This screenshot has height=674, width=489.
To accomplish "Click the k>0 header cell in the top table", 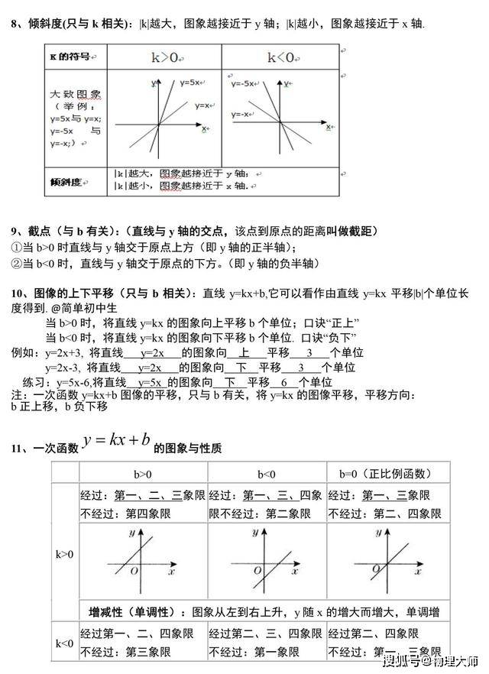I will click(x=164, y=57).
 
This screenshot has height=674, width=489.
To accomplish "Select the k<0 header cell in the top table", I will click(x=280, y=57).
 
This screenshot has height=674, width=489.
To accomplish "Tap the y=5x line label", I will click(x=190, y=82).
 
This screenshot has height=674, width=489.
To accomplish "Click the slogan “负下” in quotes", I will click(x=345, y=337).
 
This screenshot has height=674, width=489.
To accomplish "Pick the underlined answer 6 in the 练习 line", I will click(x=284, y=382).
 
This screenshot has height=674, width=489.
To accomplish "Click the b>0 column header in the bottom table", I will click(x=142, y=474).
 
